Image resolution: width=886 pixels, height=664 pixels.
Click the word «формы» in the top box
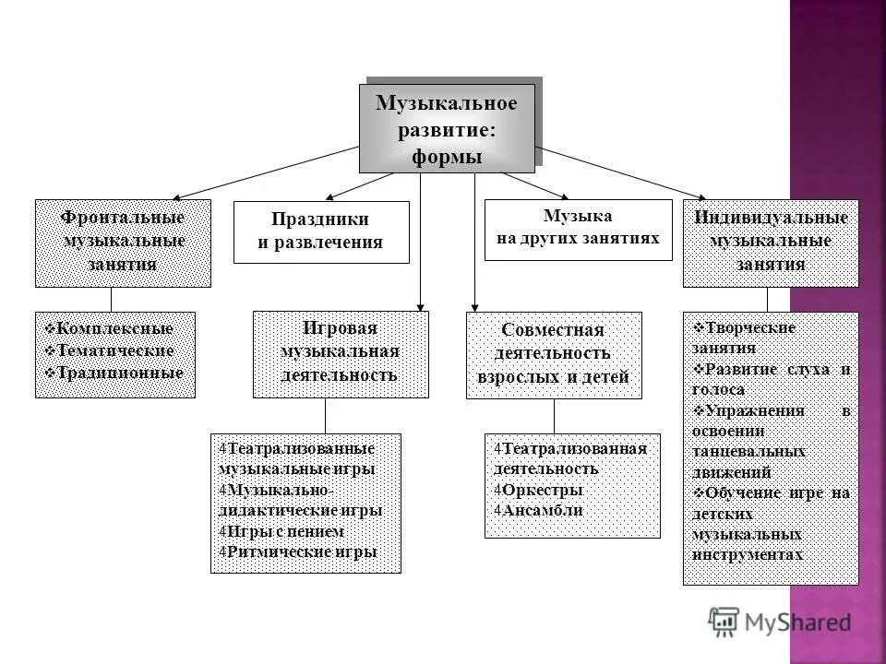tap(447, 157)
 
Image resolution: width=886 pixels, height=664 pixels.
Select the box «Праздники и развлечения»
tap(320, 231)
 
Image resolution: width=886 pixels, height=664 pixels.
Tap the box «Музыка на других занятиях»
tap(578, 228)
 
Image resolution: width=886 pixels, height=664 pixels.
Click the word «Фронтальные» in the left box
tap(123, 218)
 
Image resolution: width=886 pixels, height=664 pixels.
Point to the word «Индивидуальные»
tap(771, 218)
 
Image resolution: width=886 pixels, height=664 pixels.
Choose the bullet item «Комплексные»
tap(114, 328)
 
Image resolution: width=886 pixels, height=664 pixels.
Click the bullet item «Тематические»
tap(115, 350)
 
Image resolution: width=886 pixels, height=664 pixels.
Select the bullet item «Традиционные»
tap(120, 373)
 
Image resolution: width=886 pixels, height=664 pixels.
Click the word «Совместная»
tap(553, 330)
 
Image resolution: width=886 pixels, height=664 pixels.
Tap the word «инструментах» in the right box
tap(747, 555)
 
